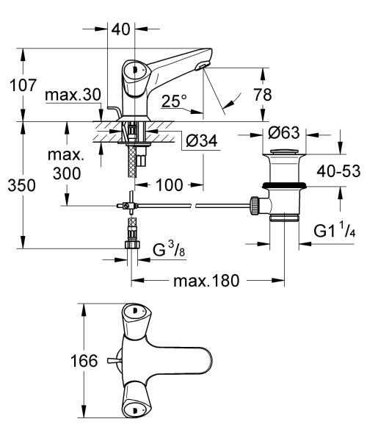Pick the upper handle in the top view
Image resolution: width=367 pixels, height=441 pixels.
click(134, 314)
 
